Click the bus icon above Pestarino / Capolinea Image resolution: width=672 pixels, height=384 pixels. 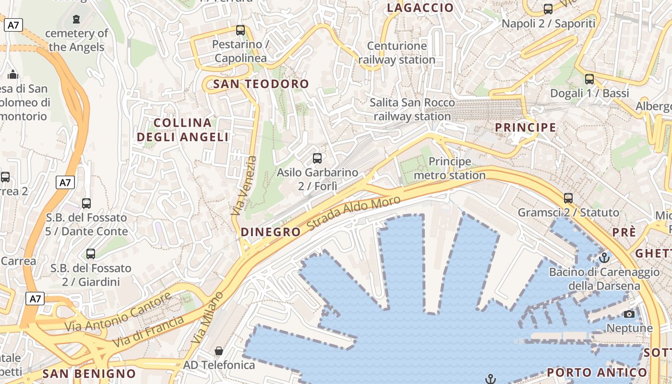pos(240,30)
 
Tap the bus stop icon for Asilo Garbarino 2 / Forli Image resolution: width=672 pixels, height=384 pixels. pos(317,158)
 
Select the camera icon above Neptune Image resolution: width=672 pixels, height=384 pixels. pos(629,314)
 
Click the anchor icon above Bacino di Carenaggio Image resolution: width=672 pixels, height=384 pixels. pos(604,258)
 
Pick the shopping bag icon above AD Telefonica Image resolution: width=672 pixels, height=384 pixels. pos(219,351)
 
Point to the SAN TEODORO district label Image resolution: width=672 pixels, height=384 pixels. pos(261,84)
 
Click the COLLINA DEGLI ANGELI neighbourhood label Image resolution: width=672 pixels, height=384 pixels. pos(183,130)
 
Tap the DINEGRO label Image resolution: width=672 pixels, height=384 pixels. pos(270,232)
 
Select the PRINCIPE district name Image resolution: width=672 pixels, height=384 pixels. pos(525,128)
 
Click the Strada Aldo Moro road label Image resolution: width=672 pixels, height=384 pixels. pos(353,213)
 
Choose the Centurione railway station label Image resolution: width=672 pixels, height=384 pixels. pos(396,53)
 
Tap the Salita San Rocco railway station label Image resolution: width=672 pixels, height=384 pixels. pos(412,109)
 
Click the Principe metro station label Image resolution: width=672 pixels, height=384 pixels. pos(450,168)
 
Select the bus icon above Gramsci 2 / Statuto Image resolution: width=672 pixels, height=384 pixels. pos(568,198)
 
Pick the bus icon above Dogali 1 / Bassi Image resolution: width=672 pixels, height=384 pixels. pos(589,79)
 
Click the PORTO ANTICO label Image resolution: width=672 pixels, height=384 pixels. pos(597,372)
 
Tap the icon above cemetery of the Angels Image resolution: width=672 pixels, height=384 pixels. pos(76,19)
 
